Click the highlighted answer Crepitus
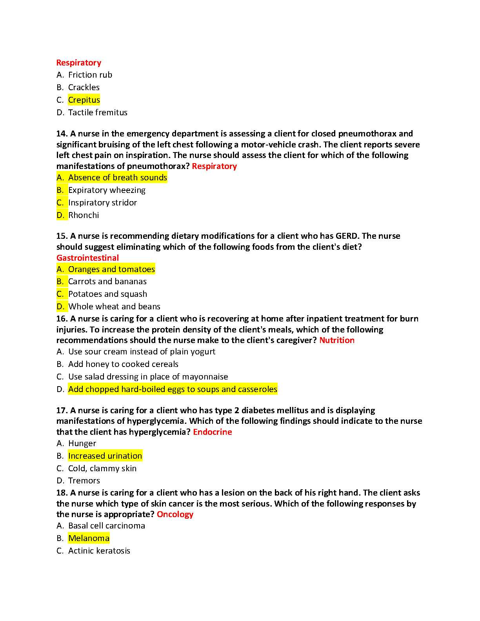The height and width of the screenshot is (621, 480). click(84, 100)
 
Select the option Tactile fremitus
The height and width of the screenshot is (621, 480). click(98, 113)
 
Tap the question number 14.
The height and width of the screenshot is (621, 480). click(62, 134)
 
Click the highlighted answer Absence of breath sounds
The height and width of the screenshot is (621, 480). click(118, 178)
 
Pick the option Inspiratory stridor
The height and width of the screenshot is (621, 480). click(102, 203)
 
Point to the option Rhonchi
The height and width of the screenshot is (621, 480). click(84, 215)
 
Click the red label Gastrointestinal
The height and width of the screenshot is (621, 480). click(87, 258)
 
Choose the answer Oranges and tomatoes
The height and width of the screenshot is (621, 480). click(111, 269)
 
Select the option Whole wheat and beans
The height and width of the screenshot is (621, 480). click(114, 307)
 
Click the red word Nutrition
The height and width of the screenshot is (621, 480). click(337, 340)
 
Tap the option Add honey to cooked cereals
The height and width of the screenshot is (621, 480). click(123, 364)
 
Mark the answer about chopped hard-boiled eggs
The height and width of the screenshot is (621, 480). click(173, 389)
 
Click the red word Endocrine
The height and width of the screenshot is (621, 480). click(213, 432)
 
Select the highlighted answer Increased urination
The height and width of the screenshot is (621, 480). click(105, 456)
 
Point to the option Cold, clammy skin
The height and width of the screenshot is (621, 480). click(102, 468)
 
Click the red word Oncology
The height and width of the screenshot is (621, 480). click(175, 514)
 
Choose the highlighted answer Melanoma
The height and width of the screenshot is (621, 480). click(89, 538)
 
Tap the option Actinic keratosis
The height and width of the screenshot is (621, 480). click(99, 551)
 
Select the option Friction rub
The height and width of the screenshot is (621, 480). click(90, 75)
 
